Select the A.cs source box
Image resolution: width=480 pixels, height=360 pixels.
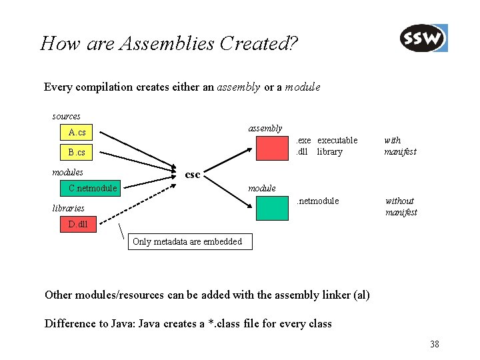(x=77, y=133)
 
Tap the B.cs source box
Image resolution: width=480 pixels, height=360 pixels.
(x=77, y=153)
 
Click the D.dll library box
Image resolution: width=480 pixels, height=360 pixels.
(x=77, y=224)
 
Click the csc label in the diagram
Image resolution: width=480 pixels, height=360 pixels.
(x=192, y=175)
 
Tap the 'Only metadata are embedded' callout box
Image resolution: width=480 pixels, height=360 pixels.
(x=189, y=241)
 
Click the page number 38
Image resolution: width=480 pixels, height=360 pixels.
(x=434, y=344)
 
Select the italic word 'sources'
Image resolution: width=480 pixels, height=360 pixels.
(x=67, y=117)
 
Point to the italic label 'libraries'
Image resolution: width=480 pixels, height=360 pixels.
(x=68, y=208)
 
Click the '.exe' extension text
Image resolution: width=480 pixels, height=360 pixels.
(x=303, y=140)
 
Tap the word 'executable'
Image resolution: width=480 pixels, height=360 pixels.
(x=337, y=140)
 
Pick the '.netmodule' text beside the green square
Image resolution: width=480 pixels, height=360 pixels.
(x=317, y=201)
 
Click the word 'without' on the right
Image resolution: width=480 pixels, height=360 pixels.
(x=399, y=201)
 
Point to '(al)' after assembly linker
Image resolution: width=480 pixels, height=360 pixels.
(x=360, y=295)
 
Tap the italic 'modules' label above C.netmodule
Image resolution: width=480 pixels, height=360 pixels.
(x=67, y=173)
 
